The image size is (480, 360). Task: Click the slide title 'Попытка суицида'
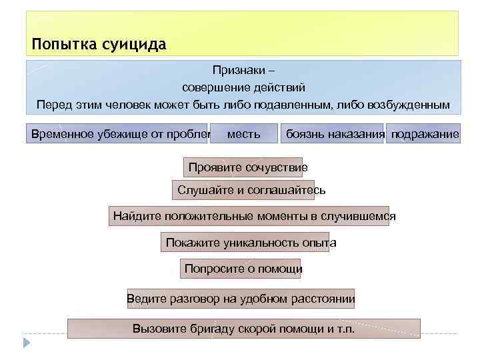coord(99,45)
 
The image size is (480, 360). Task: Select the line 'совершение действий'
coord(243,87)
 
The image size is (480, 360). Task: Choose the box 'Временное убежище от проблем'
coord(117,135)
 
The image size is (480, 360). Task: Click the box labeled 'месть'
coord(243,135)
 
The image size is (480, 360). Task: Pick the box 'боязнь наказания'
coord(333,135)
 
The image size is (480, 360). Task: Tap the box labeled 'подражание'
coord(424,135)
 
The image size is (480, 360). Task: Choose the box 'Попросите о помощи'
coord(242,269)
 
